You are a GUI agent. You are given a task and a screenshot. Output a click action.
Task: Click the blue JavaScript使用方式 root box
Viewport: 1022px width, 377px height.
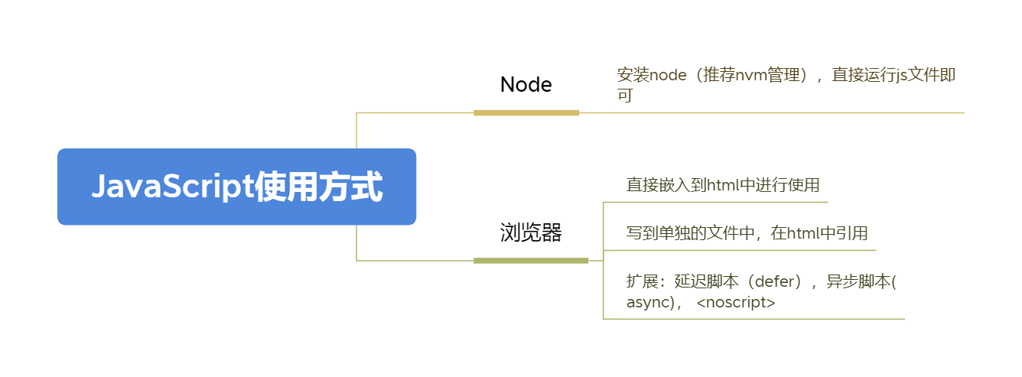237,187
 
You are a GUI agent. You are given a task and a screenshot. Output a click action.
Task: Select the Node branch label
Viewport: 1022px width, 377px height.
526,85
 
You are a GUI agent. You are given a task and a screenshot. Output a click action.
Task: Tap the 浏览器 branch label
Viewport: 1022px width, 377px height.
531,232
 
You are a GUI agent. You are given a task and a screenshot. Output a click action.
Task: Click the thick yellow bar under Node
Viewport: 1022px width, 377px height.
526,112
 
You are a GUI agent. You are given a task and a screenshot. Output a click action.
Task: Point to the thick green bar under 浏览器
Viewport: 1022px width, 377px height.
531,261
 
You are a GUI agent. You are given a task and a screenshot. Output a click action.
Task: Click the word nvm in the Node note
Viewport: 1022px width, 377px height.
751,75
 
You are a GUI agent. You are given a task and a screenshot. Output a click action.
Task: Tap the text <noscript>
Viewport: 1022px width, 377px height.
736,302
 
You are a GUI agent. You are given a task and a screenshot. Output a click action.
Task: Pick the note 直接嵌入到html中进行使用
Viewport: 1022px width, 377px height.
723,185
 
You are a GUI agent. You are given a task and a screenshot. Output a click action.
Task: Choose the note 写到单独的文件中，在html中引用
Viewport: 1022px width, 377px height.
747,233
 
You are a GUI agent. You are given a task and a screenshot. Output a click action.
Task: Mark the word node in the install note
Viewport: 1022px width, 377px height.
668,75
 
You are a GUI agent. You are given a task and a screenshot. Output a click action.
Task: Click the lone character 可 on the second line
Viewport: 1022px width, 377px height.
625,96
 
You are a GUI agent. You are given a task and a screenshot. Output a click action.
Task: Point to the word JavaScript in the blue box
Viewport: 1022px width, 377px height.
172,187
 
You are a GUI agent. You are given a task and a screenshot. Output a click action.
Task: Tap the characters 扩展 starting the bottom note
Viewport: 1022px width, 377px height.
642,281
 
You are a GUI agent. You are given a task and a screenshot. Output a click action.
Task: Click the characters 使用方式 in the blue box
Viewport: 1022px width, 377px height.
318,187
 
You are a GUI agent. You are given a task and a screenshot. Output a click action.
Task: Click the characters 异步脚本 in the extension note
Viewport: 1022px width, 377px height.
858,281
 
